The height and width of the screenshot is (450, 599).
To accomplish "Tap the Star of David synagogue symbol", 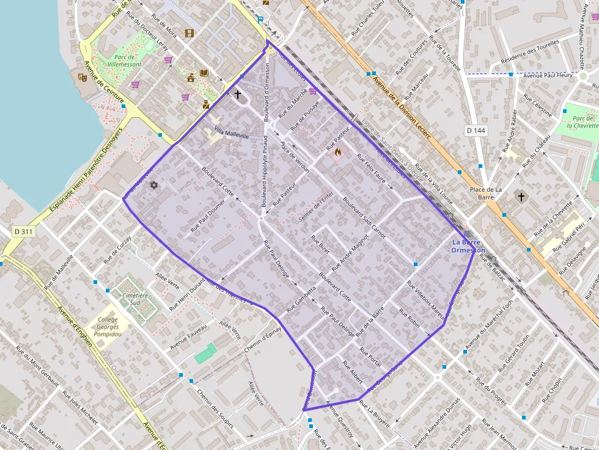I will coord(153,184).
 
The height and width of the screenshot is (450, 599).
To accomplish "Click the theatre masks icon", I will coord(81,76).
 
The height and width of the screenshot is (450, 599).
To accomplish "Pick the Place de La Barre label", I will coord(486,193).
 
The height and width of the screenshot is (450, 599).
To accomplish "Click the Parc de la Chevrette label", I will coord(581,122).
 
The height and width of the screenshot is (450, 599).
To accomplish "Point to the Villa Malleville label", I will coord(232,133).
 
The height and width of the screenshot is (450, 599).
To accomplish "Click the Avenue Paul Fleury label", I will coord(548,75).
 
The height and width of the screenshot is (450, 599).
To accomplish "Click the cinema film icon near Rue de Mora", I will coord(189,33).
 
